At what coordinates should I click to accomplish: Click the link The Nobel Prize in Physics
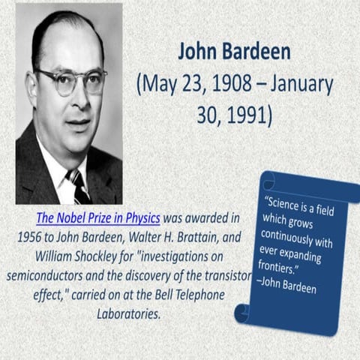point(98,219)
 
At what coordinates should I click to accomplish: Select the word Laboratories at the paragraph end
point(129,312)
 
